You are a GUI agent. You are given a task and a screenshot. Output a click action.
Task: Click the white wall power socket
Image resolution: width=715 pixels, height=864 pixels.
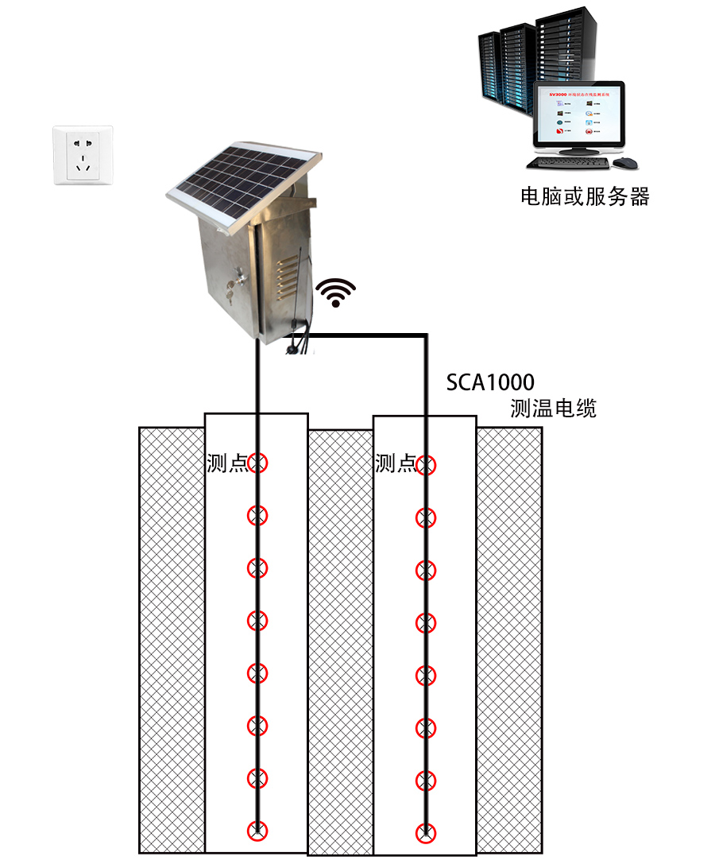[83, 155]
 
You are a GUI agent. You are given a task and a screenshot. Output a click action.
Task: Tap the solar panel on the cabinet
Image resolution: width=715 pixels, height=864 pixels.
[242, 184]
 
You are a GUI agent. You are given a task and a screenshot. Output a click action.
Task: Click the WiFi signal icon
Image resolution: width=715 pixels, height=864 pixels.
[337, 292]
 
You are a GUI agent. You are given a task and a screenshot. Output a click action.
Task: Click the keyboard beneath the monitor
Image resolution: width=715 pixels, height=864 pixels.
[568, 163]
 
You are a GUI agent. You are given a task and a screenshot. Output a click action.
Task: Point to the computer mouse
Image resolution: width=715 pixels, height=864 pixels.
[626, 163]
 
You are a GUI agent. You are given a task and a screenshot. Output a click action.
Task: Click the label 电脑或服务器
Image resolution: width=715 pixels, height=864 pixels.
[584, 197]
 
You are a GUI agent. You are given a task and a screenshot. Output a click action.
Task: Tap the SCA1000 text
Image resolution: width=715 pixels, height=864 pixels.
[489, 383]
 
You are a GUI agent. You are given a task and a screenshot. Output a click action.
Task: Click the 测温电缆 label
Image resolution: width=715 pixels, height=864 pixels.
[553, 409]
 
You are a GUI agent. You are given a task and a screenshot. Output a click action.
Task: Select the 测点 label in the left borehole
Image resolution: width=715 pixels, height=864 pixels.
[227, 463]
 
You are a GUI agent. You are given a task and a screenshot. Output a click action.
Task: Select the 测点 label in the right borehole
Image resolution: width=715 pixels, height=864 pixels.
[395, 463]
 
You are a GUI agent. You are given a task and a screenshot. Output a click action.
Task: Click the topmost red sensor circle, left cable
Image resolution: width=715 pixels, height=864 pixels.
[257, 462]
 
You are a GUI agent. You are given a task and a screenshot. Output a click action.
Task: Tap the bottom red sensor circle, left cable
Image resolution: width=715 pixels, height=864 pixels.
[257, 831]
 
